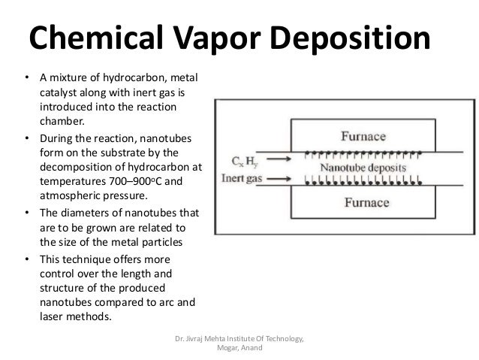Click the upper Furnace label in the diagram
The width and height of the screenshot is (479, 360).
(364, 138)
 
